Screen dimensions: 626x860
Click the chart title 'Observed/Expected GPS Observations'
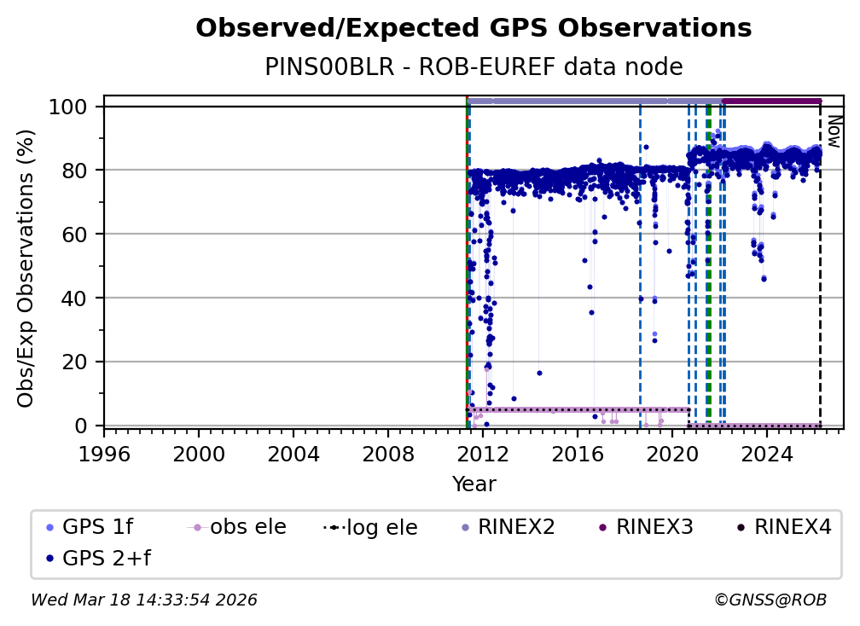point(474,28)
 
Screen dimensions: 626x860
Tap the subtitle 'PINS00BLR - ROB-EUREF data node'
point(474,67)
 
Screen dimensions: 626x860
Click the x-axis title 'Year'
point(474,484)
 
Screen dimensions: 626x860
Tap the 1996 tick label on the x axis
point(104,452)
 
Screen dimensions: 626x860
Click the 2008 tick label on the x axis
point(388,452)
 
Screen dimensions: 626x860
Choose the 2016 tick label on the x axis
point(578,452)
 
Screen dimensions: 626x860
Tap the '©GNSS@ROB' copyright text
point(770,600)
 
